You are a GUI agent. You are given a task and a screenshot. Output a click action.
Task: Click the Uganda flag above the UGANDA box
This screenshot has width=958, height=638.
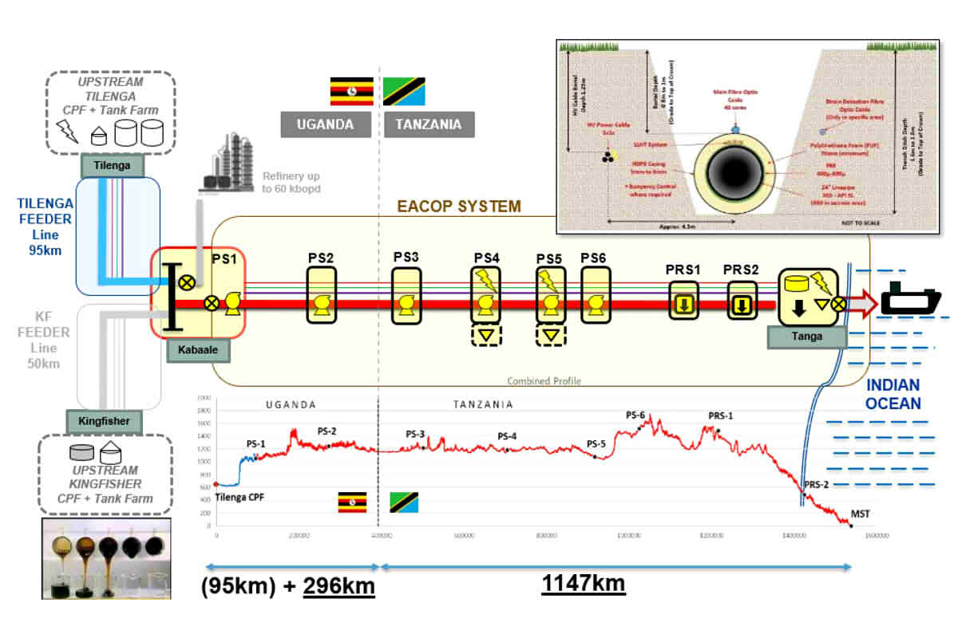352,92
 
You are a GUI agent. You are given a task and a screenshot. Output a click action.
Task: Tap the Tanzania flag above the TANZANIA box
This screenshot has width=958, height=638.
404,92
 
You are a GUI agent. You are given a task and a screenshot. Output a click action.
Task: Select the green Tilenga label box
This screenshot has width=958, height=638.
112,165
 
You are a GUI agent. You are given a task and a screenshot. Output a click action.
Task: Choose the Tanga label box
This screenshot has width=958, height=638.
806,337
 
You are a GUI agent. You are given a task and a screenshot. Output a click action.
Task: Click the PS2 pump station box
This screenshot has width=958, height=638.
322,295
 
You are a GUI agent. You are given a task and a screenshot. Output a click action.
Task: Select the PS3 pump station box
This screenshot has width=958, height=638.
406,295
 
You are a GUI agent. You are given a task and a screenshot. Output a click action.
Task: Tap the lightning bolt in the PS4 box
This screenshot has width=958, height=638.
485,279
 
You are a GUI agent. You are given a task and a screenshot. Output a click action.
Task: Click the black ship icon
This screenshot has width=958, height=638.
911,302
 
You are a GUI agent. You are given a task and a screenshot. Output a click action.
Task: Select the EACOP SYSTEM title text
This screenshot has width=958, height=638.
459,207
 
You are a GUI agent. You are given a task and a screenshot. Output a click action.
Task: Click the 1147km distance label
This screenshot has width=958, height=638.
584,585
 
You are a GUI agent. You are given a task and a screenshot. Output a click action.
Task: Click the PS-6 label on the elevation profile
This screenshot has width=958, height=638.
635,415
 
